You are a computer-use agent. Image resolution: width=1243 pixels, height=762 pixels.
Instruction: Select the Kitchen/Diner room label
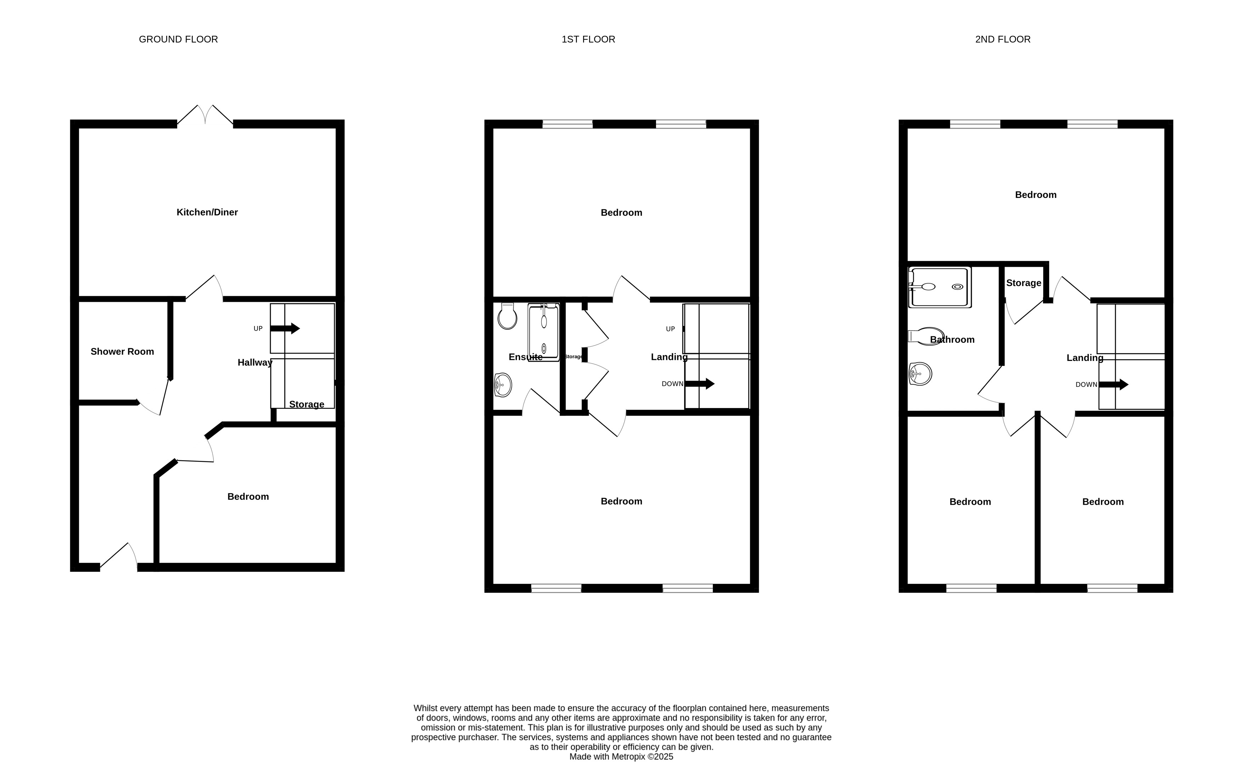pyautogui.click(x=207, y=212)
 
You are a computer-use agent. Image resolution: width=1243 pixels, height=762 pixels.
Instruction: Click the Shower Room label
pyautogui.click(x=122, y=351)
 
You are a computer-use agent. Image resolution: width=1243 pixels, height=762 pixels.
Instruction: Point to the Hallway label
pyautogui.click(x=255, y=363)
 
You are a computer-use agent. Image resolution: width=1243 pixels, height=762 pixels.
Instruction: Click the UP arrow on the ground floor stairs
pyautogui.click(x=285, y=329)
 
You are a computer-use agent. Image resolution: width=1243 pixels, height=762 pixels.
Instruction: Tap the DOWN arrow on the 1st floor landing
pyautogui.click(x=699, y=384)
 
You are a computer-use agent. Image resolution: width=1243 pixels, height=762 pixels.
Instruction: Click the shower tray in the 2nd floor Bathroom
pyautogui.click(x=939, y=287)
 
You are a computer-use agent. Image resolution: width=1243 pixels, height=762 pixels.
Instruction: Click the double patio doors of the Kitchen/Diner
pyautogui.click(x=205, y=115)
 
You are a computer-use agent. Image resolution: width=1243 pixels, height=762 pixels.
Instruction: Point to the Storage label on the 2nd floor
pyautogui.click(x=1024, y=283)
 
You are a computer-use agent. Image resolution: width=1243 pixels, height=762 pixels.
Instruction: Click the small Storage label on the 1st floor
pyautogui.click(x=573, y=356)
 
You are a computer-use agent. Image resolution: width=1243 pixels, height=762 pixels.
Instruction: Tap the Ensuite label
pyautogui.click(x=526, y=357)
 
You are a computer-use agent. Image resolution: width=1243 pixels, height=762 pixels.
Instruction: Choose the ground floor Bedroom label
pyautogui.click(x=248, y=497)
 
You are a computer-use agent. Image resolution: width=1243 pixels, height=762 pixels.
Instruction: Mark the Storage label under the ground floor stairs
pyautogui.click(x=307, y=405)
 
